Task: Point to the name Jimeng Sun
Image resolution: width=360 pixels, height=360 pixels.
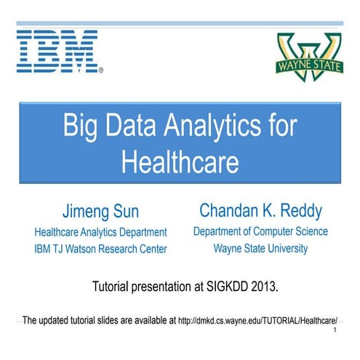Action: pos(101,213)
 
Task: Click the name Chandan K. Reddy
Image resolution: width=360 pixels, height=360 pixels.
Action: pos(260,212)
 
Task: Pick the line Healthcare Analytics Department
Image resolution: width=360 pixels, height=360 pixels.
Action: pos(101,233)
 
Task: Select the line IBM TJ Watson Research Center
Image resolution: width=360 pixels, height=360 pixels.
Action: pos(101,249)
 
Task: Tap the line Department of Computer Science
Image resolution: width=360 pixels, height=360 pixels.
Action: pos(260,232)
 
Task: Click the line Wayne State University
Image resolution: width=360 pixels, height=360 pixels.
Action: pos(260,249)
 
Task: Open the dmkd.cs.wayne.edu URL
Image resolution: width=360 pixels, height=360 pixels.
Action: pos(259,319)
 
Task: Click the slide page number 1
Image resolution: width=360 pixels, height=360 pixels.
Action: pos(334,332)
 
